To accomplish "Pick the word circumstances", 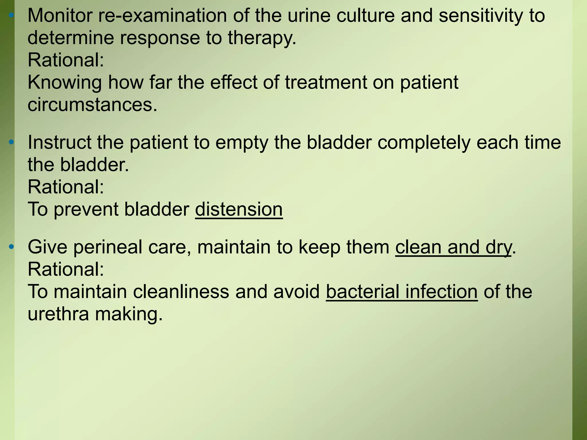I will (x=92, y=105).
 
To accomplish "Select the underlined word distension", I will (x=239, y=209).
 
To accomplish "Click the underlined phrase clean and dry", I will (x=453, y=247).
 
